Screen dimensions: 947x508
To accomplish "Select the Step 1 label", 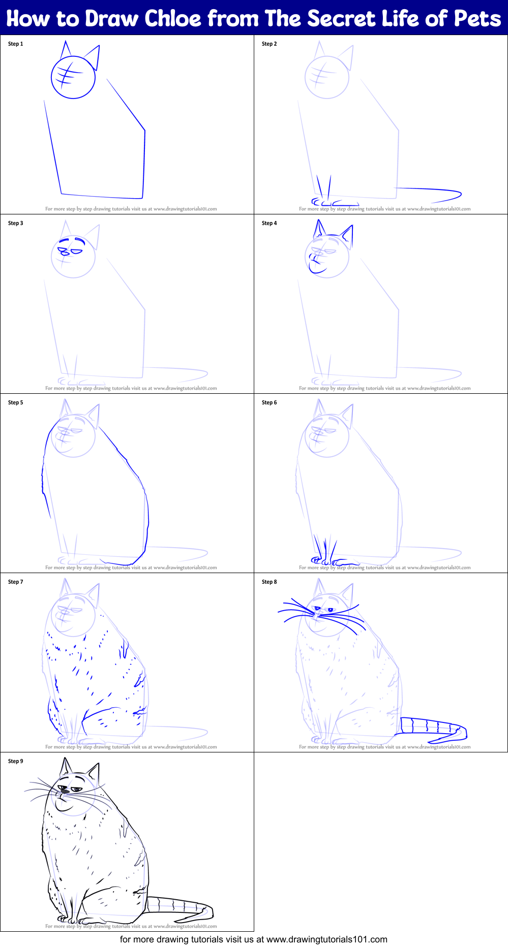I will tap(16, 44).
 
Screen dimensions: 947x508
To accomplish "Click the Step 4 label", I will tap(270, 223).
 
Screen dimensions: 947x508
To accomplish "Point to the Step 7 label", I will tap(16, 582).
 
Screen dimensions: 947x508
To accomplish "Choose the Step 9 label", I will tap(16, 761).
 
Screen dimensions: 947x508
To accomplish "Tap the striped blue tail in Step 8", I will tap(432, 726).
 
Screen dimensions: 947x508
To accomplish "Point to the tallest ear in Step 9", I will tap(66, 767).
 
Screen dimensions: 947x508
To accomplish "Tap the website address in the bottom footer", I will tap(326, 939).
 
